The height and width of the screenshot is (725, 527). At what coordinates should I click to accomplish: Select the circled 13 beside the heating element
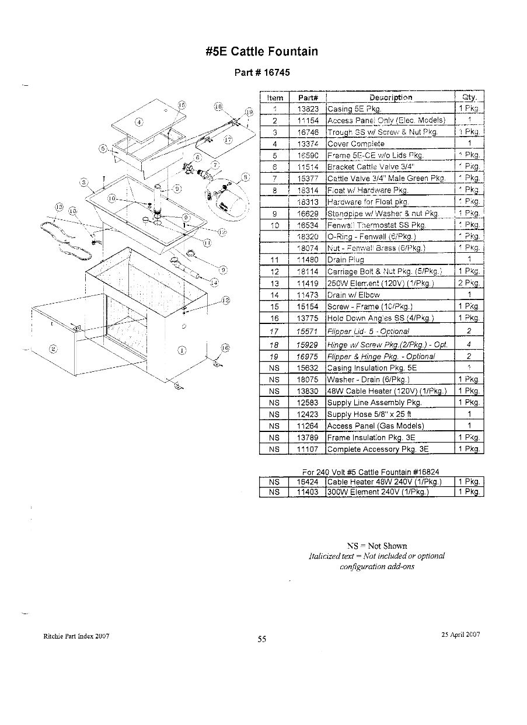click(x=59, y=206)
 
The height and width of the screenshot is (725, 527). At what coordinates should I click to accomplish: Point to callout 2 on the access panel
click(x=54, y=349)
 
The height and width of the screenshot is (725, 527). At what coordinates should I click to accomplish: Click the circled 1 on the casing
click(x=182, y=351)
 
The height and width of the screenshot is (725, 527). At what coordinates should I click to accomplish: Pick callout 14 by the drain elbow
click(x=214, y=283)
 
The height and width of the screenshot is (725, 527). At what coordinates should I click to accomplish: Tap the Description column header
click(x=390, y=97)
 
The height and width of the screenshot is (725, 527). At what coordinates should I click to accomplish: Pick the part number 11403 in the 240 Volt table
click(x=308, y=492)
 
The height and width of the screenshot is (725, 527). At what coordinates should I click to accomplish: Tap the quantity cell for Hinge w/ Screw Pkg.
click(x=469, y=344)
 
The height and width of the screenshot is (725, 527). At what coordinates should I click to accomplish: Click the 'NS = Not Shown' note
click(x=377, y=546)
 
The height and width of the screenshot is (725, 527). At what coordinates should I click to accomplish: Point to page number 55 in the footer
click(x=262, y=639)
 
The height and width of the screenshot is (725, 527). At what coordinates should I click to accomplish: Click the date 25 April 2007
click(x=460, y=635)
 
